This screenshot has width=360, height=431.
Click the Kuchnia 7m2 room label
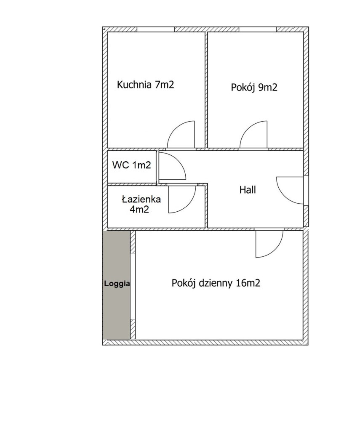(146, 84)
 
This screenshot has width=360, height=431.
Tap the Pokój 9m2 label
(254, 88)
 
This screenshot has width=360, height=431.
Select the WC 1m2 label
(131, 165)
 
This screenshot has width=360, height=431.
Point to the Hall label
(248, 190)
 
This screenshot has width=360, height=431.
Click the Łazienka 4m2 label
(141, 204)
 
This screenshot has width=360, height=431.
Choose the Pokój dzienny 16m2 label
(216, 283)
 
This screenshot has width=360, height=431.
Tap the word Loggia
(117, 284)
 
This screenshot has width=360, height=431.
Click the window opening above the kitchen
(156, 29)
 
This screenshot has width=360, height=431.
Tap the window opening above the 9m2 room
(257, 29)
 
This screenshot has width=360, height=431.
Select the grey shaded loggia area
(116, 285)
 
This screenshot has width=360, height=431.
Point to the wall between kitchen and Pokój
(206, 90)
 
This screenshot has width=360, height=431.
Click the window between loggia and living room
(133, 286)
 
